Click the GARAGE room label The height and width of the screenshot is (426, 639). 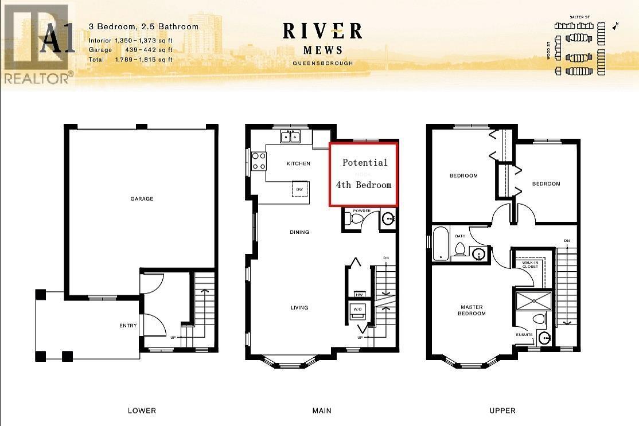point(141,199)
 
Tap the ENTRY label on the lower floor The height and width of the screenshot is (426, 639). point(128,326)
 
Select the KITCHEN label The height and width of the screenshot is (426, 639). point(298,163)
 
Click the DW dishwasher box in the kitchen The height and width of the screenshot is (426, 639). point(299,189)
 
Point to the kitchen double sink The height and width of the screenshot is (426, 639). point(290,136)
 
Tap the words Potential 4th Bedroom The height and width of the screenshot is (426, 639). point(364,173)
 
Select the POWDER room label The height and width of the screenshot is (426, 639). point(361,211)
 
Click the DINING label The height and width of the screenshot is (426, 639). point(299,232)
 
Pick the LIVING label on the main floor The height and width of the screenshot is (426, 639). point(299,308)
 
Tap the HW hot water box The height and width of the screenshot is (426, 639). point(359,294)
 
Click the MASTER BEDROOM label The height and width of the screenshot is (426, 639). point(473,310)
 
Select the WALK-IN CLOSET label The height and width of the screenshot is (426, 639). point(530,264)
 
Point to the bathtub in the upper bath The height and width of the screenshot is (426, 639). point(441,244)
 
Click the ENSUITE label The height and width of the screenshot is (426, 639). point(524,334)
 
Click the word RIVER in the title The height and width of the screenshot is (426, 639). point(322,30)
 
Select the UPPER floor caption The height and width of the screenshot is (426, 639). point(502,411)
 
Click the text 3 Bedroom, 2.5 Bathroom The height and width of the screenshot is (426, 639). point(143,27)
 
